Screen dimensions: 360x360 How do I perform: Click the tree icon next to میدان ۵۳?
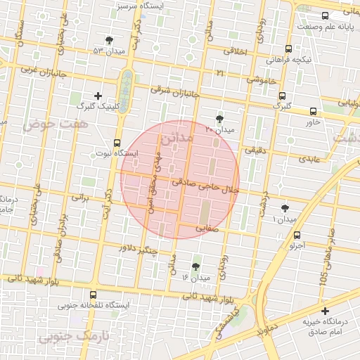pyautogui.click(x=108, y=41)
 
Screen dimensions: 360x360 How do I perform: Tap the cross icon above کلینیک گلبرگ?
pyautogui.click(x=98, y=95)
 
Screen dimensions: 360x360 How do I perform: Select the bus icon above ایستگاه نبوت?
pyautogui.click(x=117, y=141)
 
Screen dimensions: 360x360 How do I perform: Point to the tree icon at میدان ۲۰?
pyautogui.click(x=220, y=119)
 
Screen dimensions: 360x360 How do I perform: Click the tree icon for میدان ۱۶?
pyautogui.click(x=196, y=266)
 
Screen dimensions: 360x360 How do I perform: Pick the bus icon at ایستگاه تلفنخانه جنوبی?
pyautogui.click(x=94, y=295)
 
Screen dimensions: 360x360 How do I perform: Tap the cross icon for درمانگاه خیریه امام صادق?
pyautogui.click(x=324, y=311)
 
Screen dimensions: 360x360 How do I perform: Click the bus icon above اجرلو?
pyautogui.click(x=297, y=236)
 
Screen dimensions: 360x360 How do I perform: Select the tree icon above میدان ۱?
pyautogui.click(x=285, y=208)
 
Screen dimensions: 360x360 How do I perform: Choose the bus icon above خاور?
pyautogui.click(x=313, y=111)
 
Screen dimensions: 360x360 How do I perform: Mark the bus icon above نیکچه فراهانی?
pyautogui.click(x=289, y=49)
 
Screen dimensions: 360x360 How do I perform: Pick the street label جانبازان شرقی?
pyautogui.click(x=175, y=91)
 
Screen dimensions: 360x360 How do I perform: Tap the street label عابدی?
pyautogui.click(x=309, y=160)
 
